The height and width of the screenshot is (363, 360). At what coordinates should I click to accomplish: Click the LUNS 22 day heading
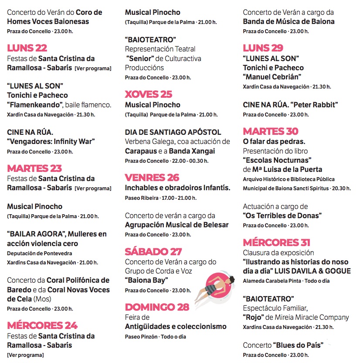pyautogui.click(x=27, y=48)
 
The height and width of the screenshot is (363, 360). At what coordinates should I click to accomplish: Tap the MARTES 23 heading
pyautogui.click(x=34, y=168)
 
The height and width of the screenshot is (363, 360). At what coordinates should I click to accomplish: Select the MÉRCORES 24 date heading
pyautogui.click(x=42, y=325)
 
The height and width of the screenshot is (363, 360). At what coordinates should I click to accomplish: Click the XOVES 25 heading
pyautogui.click(x=149, y=94)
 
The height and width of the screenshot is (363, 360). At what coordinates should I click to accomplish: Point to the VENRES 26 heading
pyautogui.click(x=152, y=178)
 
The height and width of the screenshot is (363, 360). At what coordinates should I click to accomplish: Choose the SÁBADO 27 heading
pyautogui.click(x=153, y=252)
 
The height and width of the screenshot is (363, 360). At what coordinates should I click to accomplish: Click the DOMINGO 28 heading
pyautogui.click(x=157, y=307)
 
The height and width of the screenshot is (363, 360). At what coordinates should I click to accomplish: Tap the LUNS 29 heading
pyautogui.click(x=263, y=48)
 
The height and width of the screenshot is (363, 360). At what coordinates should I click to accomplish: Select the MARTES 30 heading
pyautogui.click(x=271, y=131)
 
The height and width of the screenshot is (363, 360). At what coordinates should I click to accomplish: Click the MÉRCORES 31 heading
pyautogui.click(x=277, y=243)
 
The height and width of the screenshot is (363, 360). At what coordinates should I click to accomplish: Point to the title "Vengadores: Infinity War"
pyautogui.click(x=51, y=141)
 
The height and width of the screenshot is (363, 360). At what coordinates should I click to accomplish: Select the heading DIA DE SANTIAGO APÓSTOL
pyautogui.click(x=173, y=132)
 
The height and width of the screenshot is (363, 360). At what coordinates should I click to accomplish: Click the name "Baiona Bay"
pyautogui.click(x=146, y=280)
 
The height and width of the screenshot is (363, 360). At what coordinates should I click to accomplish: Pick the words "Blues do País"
pyautogui.click(x=298, y=346)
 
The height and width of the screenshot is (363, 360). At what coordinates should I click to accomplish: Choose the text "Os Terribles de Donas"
pyautogui.click(x=282, y=216)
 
